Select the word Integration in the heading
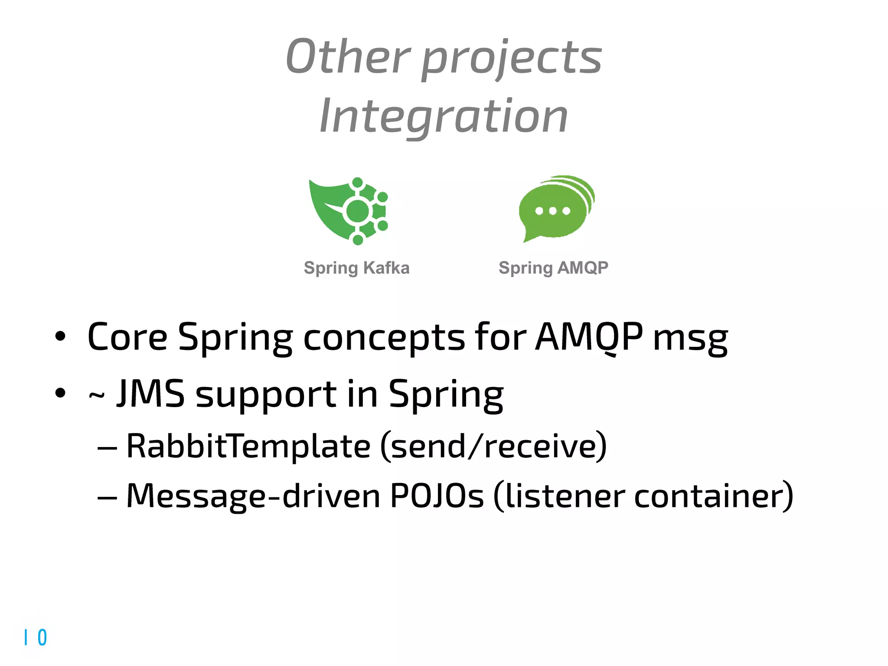444,116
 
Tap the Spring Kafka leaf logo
349,211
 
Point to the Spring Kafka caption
356,268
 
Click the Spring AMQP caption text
553,268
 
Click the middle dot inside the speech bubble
553,211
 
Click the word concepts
384,338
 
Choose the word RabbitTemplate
248,446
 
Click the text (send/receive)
493,446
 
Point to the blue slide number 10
36,637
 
